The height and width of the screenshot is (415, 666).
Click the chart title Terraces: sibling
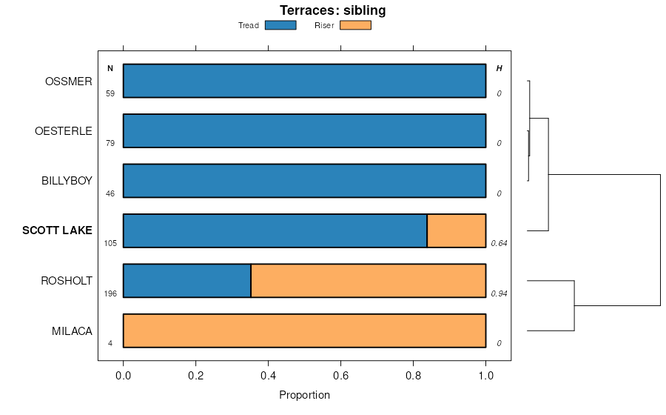tap(332, 10)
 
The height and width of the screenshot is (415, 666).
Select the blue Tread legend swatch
tap(280, 25)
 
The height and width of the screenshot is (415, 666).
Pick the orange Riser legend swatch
tap(355, 25)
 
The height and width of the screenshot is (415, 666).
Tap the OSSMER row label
tap(68, 81)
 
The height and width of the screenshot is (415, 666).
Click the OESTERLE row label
tap(64, 131)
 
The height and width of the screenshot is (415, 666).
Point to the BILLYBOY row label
tap(67, 181)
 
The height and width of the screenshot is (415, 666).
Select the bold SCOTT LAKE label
tap(57, 230)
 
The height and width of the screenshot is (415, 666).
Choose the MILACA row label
tap(72, 331)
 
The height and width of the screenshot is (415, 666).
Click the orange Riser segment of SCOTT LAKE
tap(456, 230)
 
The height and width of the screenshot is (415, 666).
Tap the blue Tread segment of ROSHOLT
tap(186, 280)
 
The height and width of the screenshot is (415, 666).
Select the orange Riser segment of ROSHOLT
tap(368, 280)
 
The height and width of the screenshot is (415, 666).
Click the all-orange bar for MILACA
tap(304, 331)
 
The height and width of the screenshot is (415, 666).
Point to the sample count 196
tap(110, 293)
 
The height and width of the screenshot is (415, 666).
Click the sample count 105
tap(110, 243)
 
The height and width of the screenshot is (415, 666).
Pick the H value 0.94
tap(499, 293)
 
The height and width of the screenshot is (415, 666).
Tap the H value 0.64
tap(499, 243)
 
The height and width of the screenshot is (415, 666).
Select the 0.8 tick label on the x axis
tap(413, 375)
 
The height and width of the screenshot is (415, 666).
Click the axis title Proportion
tap(304, 395)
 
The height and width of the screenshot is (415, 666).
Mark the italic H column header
tap(499, 68)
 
